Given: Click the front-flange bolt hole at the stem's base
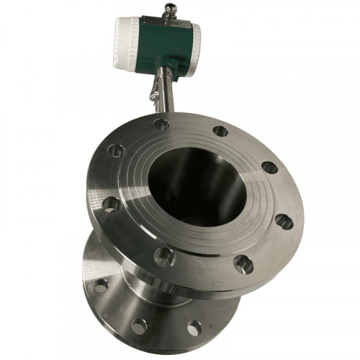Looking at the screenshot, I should click(163, 125).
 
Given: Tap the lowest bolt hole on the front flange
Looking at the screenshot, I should click(165, 256).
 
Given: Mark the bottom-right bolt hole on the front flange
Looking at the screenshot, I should click(243, 264).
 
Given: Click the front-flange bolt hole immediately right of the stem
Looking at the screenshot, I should click(220, 131).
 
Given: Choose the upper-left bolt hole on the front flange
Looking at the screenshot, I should click(116, 150).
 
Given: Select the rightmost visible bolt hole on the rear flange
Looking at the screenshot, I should click(194, 328).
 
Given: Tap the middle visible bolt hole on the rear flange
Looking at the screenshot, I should click(138, 325).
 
